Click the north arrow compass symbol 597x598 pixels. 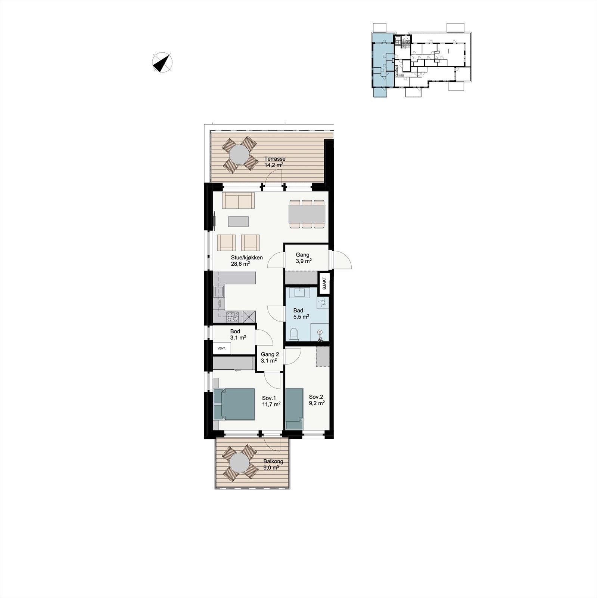coord(162,62)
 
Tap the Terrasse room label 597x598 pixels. coord(275,159)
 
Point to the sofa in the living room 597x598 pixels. coord(238,200)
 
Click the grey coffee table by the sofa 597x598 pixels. coord(238,222)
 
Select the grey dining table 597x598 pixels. coord(307,214)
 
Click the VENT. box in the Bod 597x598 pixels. coord(221,348)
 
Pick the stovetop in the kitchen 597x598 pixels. coord(233,317)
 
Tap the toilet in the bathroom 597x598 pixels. coord(293,334)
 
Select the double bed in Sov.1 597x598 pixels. coord(234,404)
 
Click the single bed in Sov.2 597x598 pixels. coord(294,409)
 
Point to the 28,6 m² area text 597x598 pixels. coord(240,263)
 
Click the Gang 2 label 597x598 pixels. coord(270,355)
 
